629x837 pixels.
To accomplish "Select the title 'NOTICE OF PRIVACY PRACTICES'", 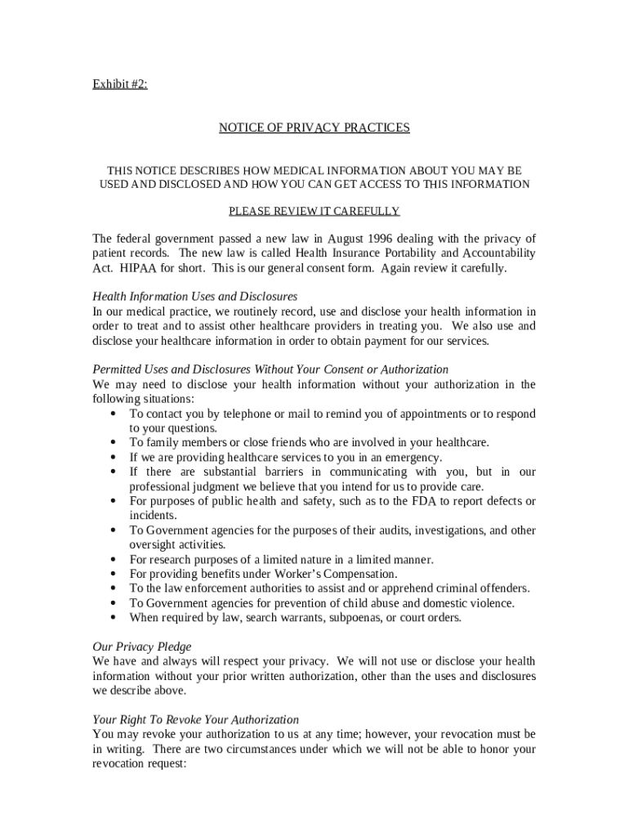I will pos(314,128).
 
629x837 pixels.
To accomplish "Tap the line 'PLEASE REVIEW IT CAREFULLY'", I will pos(314,211).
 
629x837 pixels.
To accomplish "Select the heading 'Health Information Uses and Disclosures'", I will pos(194,296).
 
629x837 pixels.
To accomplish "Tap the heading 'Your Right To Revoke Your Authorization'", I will pos(195,719).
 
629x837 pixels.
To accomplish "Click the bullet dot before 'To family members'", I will pos(112,442).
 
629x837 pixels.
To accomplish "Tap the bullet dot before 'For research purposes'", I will pos(112,559).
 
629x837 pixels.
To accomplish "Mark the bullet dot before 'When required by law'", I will pos(112,617).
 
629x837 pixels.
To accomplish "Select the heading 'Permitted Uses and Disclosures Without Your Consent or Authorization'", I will pos(270,369).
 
